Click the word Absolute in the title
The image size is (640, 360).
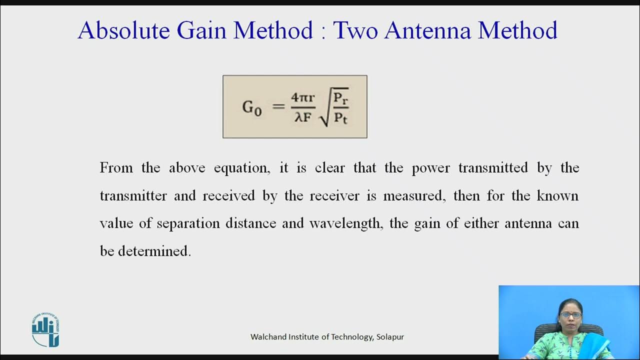point(123,30)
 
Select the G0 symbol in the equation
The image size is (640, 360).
point(252,107)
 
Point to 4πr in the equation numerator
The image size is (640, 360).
point(303,97)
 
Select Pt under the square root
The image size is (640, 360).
point(340,119)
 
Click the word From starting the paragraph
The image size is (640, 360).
point(116,167)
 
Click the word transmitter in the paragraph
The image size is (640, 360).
point(133,195)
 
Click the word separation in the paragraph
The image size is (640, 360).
point(188,223)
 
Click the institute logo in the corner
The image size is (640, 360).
point(45,330)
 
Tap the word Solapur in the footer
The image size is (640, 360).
point(390,337)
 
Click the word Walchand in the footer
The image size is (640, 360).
point(268,337)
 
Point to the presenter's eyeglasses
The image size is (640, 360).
point(570,315)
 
